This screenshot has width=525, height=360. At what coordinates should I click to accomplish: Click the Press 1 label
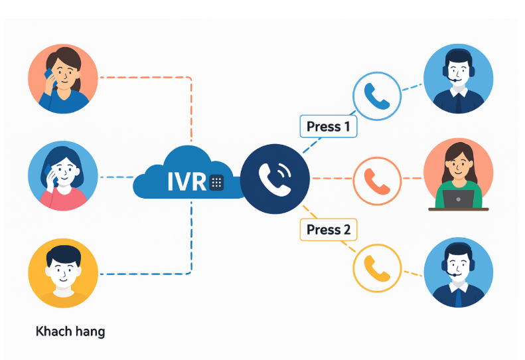[x=329, y=126]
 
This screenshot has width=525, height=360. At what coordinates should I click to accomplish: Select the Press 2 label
[x=329, y=230]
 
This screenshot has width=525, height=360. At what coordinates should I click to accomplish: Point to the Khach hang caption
[x=70, y=331]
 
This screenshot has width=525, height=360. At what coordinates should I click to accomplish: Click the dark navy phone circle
[x=275, y=178]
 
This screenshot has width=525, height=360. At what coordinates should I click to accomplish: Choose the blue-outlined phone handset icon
[x=376, y=96]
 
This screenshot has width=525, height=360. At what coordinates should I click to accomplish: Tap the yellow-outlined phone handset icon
[x=376, y=268]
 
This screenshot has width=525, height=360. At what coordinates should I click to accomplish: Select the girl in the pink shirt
[x=63, y=176]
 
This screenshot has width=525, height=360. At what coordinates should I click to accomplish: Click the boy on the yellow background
[x=63, y=273]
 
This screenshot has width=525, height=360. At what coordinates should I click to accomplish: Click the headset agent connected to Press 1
[x=458, y=78]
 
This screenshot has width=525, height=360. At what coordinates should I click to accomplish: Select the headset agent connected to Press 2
[x=458, y=272]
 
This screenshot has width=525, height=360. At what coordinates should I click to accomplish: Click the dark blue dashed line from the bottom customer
[x=146, y=273]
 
